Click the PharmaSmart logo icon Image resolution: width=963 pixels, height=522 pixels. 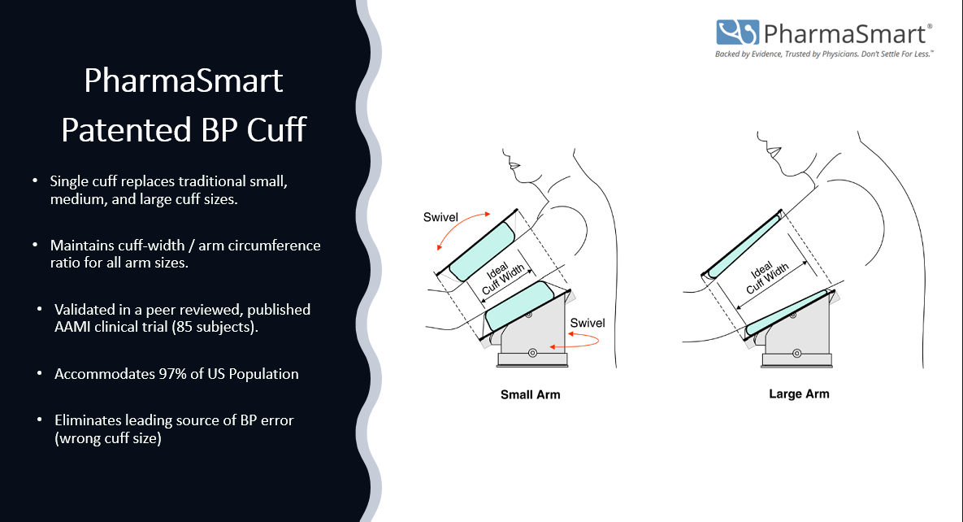[737, 33]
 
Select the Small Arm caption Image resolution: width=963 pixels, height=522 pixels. [531, 394]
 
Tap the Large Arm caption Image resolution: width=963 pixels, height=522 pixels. [799, 394]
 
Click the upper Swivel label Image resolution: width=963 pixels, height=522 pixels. [440, 217]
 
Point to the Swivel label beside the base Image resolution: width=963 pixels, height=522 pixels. [587, 323]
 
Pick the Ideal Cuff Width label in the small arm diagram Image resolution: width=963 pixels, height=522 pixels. [501, 276]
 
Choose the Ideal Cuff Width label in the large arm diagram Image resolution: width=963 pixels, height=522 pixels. [766, 275]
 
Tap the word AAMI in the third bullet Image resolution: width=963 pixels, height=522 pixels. [72, 327]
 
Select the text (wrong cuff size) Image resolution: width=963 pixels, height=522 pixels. [108, 438]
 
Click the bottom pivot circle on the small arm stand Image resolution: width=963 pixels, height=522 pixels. [533, 353]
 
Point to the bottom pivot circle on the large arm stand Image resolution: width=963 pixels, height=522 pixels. [797, 354]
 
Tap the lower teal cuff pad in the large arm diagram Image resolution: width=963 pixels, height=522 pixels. [788, 313]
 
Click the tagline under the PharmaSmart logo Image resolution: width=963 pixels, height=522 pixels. [824, 54]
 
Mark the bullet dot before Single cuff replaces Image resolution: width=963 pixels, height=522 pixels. [35, 181]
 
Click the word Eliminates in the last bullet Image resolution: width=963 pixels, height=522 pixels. [88, 420]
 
